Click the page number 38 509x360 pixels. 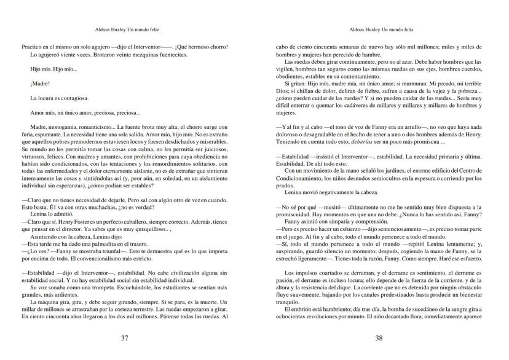point(379,338)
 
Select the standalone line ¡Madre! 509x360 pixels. point(40,83)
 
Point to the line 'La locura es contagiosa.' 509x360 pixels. point(59,98)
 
